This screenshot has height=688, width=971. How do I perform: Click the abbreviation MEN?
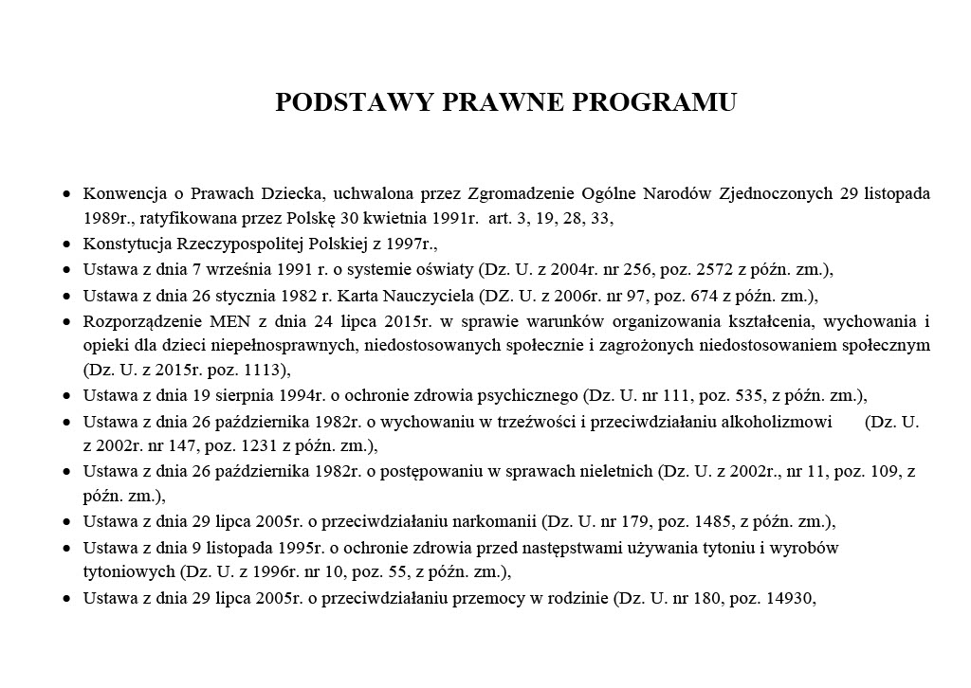tap(217, 319)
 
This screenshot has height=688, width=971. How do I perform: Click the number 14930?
tap(787, 597)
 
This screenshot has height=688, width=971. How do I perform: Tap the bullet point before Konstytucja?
tap(65, 243)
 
